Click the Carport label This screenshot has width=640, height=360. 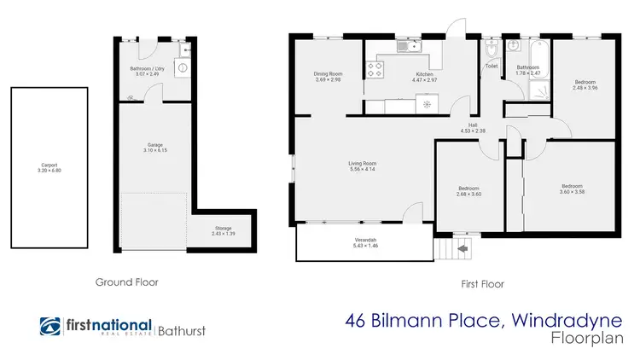(49, 165)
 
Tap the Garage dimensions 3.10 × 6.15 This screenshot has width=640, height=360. (154, 151)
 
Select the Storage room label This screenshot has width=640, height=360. (223, 228)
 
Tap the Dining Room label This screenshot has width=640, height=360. (329, 74)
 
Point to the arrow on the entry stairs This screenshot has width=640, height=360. (463, 250)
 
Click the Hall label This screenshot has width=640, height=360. (472, 125)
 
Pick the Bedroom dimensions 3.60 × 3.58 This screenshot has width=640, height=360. (571, 191)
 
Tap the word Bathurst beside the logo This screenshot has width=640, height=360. (181, 328)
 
